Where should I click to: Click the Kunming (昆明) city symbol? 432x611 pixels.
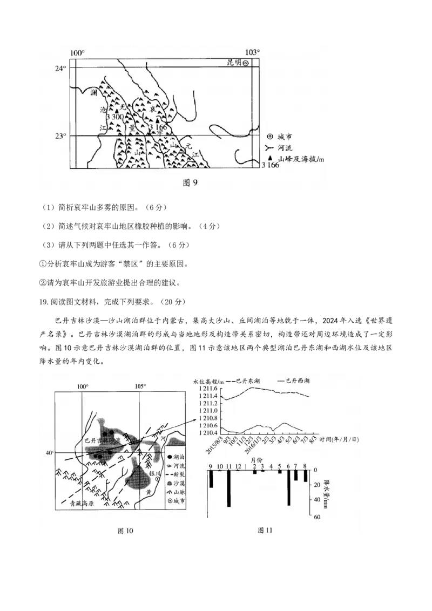point(245,63)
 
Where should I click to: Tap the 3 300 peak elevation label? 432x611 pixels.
point(115,117)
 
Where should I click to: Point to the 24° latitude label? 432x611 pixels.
point(60,69)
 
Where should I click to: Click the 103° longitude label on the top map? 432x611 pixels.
point(252,52)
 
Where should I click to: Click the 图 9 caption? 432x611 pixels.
point(191,182)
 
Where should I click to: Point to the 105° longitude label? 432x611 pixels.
point(140,386)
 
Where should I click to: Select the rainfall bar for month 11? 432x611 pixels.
point(229,488)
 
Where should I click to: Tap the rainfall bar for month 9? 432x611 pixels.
point(211,479)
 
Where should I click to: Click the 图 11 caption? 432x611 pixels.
point(265,529)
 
